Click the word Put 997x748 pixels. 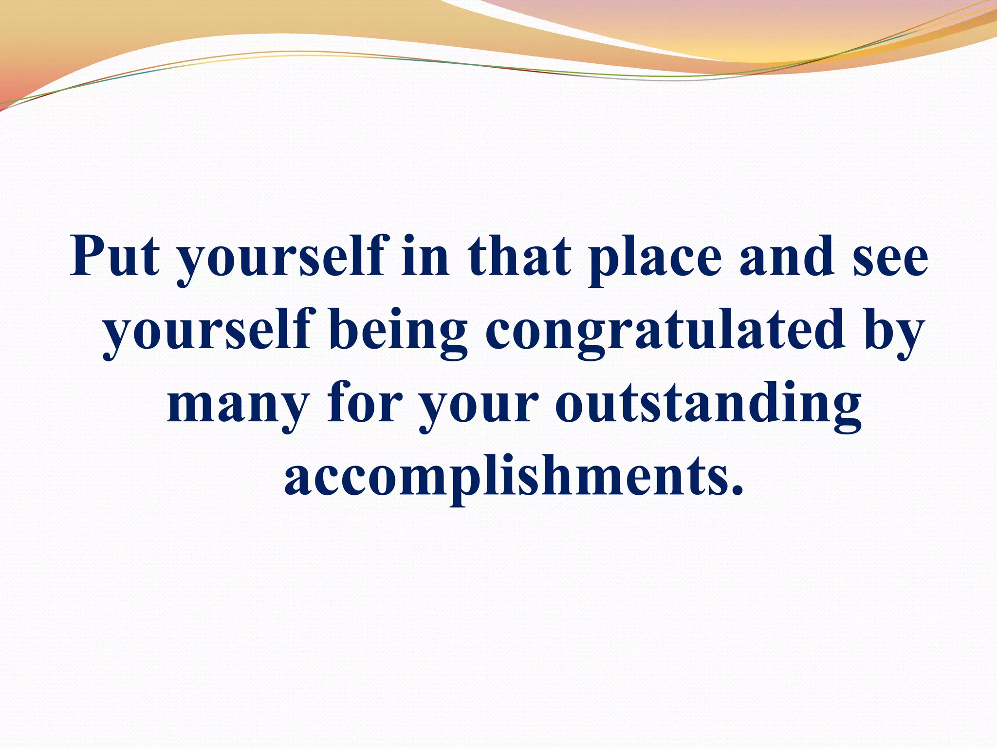pos(115,256)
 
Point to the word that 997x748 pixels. pos(519,256)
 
